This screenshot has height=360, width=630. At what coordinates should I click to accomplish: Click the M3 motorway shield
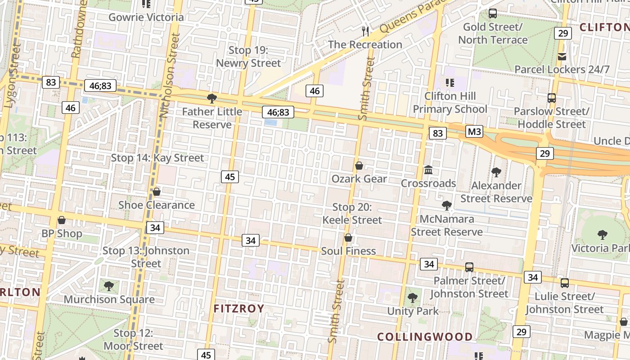(474, 132)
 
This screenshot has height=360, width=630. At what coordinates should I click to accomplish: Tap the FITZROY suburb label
(238, 309)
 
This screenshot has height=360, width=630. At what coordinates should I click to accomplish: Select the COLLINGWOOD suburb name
(425, 337)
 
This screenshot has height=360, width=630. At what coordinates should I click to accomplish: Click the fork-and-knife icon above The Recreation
(365, 31)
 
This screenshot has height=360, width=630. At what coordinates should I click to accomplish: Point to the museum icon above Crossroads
(428, 170)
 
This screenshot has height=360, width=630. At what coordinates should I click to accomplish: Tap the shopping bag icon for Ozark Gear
(359, 166)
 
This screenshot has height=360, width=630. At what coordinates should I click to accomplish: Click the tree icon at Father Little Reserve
(211, 98)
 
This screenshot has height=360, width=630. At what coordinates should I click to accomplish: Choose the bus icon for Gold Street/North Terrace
(493, 13)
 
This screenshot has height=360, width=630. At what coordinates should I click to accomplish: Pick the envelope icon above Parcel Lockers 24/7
(562, 56)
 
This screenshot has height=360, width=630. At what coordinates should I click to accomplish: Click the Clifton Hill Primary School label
(450, 103)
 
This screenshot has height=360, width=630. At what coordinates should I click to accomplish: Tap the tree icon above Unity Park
(412, 297)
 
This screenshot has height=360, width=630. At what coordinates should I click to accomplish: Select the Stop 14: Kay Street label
(157, 158)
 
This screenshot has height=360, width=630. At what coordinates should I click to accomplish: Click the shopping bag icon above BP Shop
(62, 220)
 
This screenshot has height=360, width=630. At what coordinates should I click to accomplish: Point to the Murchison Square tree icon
(108, 286)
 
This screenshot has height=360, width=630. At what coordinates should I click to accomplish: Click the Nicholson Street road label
(170, 76)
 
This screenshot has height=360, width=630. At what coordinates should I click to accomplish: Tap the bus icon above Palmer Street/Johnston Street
(469, 267)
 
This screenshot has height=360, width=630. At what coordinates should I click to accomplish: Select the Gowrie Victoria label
(146, 18)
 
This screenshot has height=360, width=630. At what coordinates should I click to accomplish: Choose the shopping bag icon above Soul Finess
(348, 238)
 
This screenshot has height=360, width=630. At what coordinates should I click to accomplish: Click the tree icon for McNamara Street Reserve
(447, 206)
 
